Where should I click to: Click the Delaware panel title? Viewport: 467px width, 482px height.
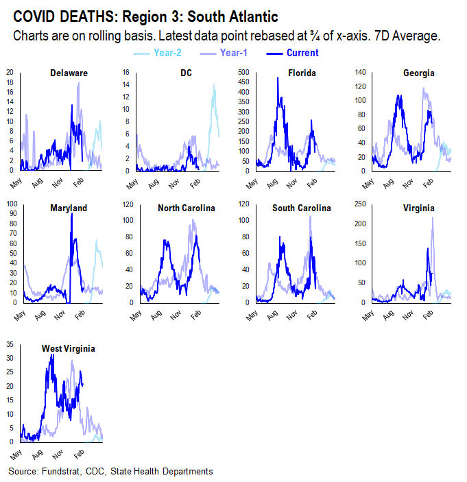69,73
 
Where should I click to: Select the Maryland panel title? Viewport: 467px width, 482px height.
69,208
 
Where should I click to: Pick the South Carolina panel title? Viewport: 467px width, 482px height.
302,208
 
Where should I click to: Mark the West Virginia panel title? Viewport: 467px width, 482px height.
69,348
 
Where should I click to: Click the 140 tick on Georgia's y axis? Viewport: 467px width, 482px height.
359,72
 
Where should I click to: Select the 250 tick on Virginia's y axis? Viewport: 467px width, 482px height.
359,204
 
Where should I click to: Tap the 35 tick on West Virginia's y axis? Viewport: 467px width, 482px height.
12,339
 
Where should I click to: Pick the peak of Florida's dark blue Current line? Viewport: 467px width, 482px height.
278,78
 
